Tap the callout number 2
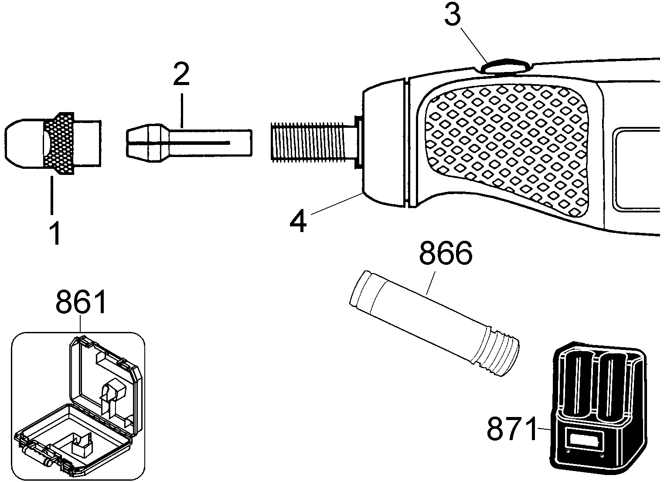tap(181, 75)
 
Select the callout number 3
tap(453, 14)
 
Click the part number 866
tap(446, 253)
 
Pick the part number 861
tap(81, 302)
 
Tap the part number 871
tap(512, 429)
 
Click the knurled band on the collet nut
tap(59, 143)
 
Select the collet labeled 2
tap(189, 143)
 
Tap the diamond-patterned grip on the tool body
tap(507, 150)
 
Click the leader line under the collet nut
tap(52, 195)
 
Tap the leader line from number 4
tap(337, 203)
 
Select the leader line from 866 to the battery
tap(430, 283)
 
